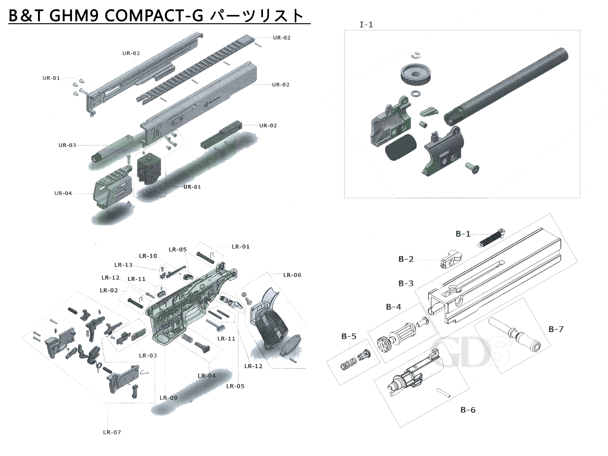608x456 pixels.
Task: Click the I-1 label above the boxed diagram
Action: (366, 25)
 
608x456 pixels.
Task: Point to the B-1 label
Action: (463, 234)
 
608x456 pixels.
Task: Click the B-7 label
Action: (556, 329)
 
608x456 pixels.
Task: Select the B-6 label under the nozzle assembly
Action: (468, 410)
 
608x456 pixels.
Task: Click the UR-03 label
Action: (67, 145)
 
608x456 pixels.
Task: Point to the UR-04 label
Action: (63, 193)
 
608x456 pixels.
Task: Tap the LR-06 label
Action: (292, 275)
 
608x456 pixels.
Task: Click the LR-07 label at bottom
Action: (112, 432)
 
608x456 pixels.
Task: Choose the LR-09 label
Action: (168, 398)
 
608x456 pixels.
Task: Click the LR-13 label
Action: (123, 265)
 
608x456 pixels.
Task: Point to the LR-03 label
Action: (148, 355)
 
